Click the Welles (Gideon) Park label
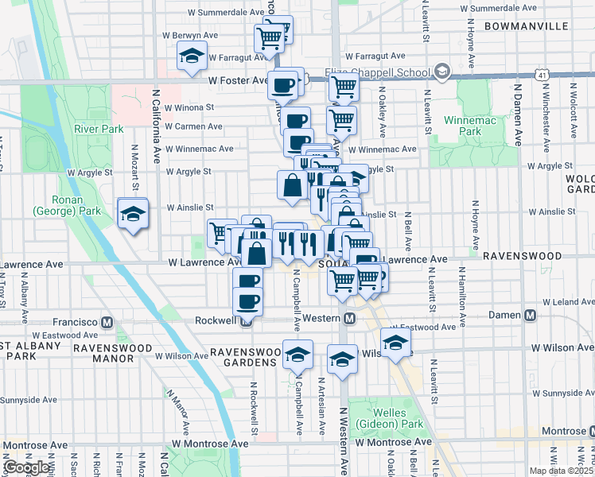point(387,418)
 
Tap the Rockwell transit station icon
point(247,322)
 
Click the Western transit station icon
point(349,319)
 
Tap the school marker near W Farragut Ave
point(192,56)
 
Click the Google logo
point(27,467)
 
